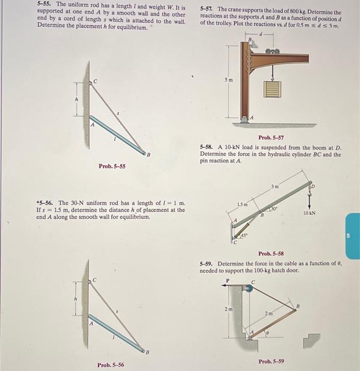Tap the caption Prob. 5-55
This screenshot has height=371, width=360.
tap(112, 166)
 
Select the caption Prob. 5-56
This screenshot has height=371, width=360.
tap(111, 365)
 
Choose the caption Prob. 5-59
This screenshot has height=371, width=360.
tap(272, 361)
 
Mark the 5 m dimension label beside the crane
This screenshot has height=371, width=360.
tap(227, 79)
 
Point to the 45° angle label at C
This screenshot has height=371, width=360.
tap(245, 234)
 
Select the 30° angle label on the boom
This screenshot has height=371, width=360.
tap(275, 209)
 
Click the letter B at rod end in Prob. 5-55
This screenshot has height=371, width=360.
tap(148, 154)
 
